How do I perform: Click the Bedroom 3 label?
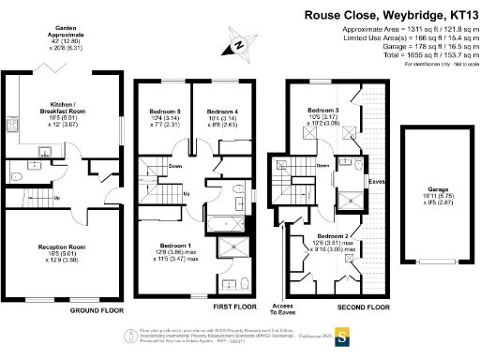[x=323, y=110]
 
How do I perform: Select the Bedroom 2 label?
[x=333, y=235]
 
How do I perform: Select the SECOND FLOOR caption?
[x=363, y=307]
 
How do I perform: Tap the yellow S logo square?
[x=343, y=333]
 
